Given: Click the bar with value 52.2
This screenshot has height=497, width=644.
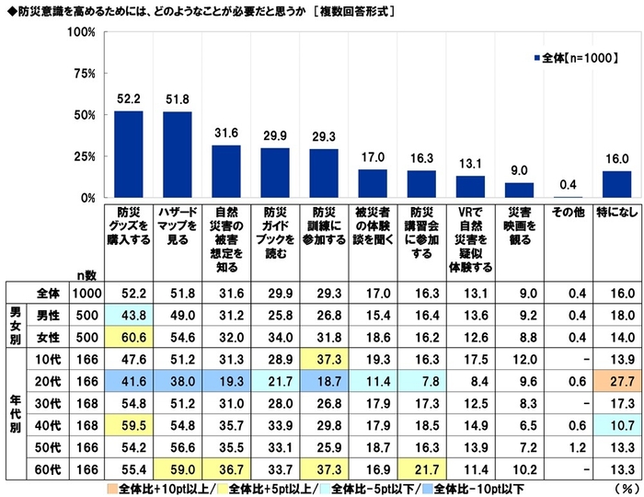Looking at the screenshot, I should click(127, 155).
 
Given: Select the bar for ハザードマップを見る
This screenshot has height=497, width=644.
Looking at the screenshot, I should click(177, 155).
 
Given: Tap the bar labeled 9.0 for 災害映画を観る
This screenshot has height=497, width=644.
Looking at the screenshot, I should click(519, 190).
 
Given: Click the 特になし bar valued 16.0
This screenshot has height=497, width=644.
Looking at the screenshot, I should click(617, 184).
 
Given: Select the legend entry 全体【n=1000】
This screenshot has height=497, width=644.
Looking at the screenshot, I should click(581, 57).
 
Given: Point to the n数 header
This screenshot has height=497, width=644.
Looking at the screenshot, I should click(86, 273).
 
